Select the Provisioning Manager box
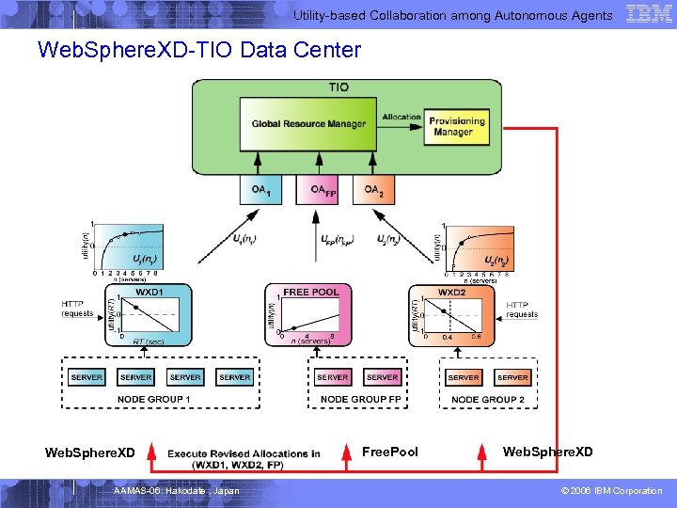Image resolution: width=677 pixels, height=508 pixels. (x=457, y=126)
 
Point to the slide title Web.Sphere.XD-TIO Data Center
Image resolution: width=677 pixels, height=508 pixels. (x=198, y=49)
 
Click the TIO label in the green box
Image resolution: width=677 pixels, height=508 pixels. (x=338, y=87)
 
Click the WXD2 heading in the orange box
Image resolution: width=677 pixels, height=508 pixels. (x=452, y=293)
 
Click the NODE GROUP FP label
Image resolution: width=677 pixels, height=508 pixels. (x=360, y=400)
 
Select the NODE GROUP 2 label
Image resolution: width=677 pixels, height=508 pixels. (x=488, y=400)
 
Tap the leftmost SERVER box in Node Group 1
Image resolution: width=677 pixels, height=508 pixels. (x=87, y=377)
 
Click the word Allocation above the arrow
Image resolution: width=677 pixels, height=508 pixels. (x=401, y=118)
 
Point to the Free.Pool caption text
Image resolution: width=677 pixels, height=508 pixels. (x=390, y=452)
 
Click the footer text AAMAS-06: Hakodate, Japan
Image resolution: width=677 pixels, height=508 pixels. (x=176, y=491)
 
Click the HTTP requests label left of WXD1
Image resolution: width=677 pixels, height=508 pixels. (x=77, y=309)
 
